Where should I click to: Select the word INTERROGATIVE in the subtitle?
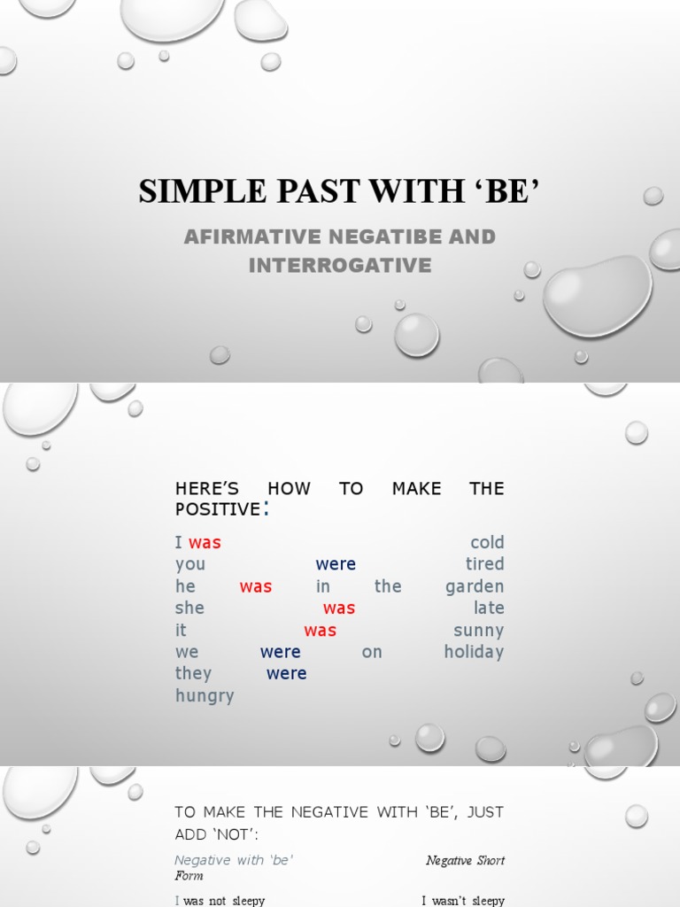coord(340,265)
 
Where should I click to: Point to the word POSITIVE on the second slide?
coord(218,509)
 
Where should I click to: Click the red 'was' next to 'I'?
coord(205,543)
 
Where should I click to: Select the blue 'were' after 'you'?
coord(336,564)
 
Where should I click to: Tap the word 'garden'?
coord(475,586)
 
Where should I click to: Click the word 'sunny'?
coord(478,631)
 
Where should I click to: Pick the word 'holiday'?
coord(474,652)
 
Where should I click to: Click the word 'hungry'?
coord(205,696)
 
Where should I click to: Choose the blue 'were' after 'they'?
coord(286,674)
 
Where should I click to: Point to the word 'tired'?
coord(484,564)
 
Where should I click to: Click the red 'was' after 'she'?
coord(339,609)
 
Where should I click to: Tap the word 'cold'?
coord(487,543)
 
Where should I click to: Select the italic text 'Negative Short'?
coord(465,860)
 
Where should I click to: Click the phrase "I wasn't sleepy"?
coord(462,901)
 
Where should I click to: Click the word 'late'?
coord(489,609)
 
